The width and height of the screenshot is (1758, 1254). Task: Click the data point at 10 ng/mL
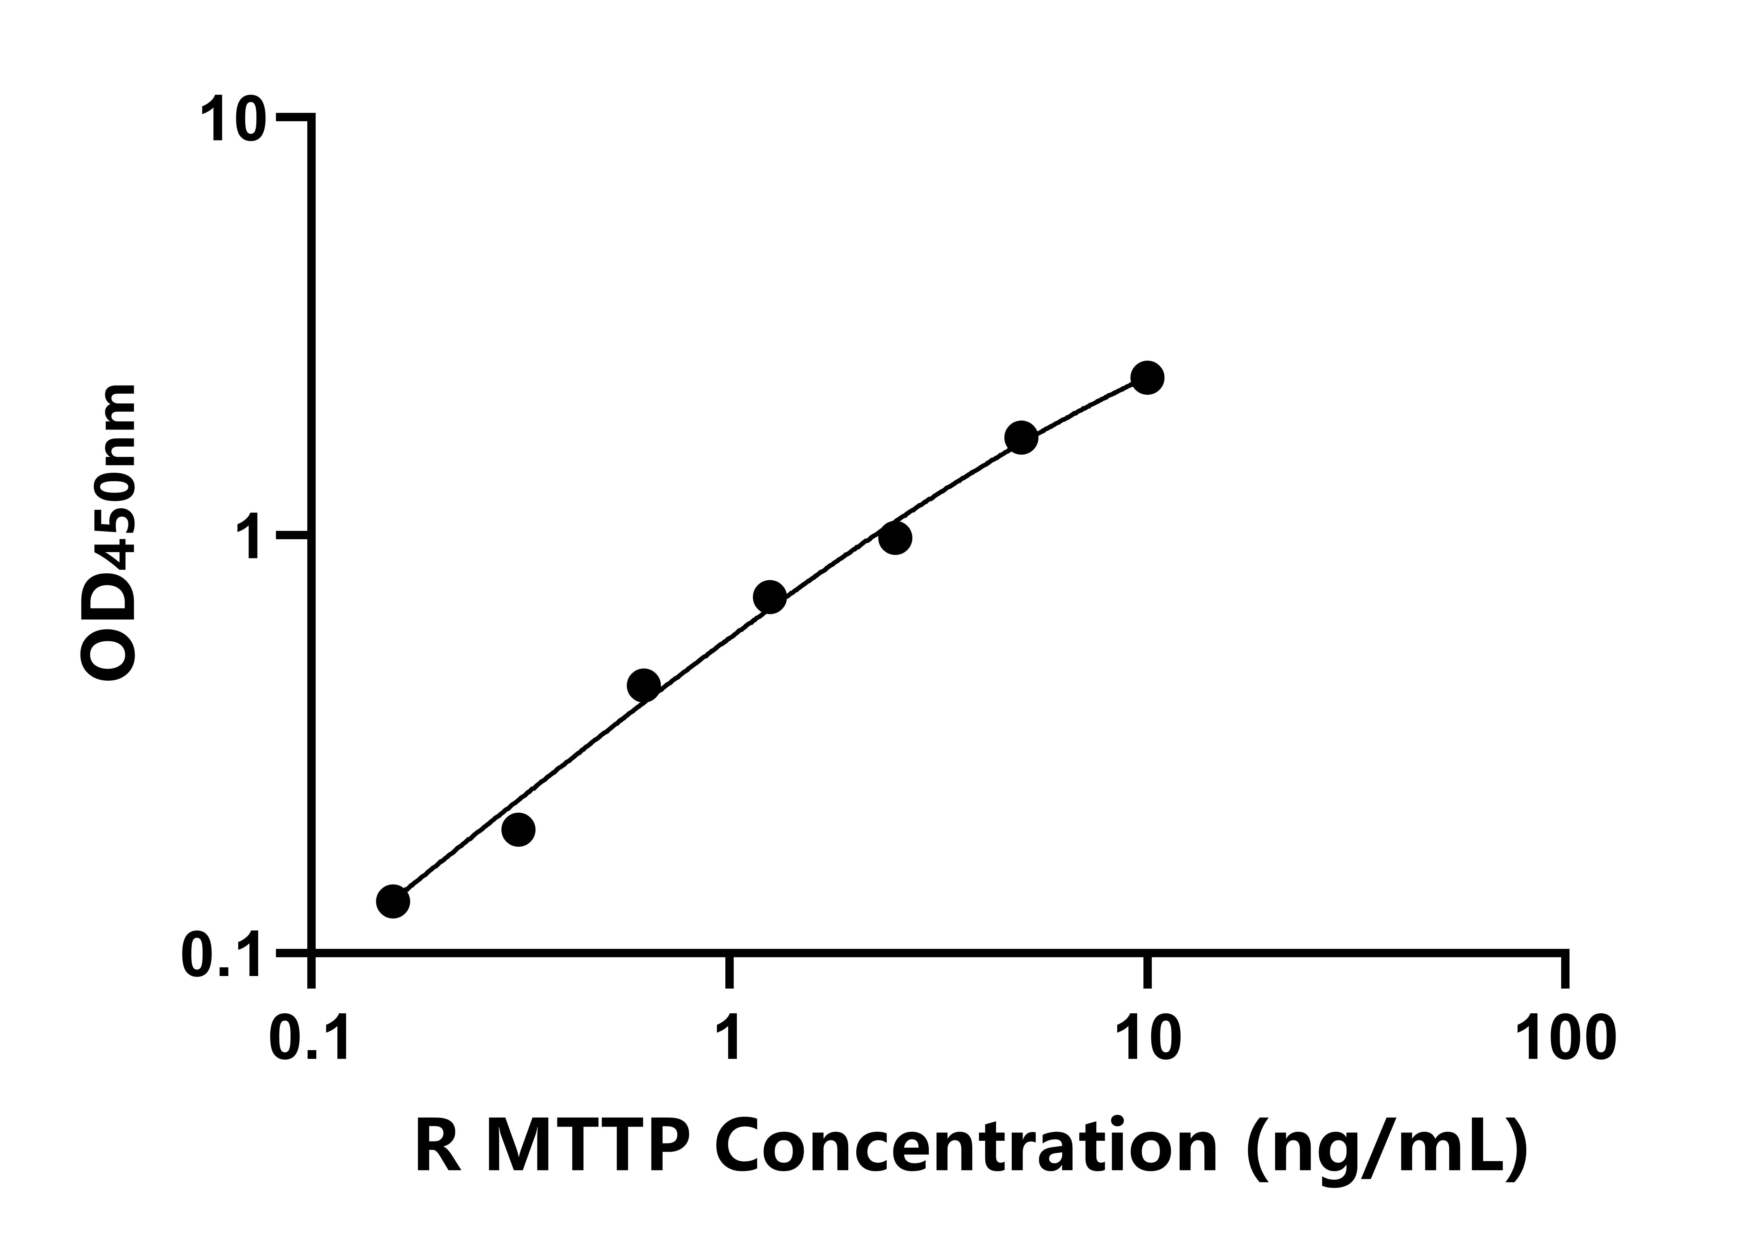[1147, 378]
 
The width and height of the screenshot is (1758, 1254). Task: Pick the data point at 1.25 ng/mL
[769, 597]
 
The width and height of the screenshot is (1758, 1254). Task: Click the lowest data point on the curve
[393, 901]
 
